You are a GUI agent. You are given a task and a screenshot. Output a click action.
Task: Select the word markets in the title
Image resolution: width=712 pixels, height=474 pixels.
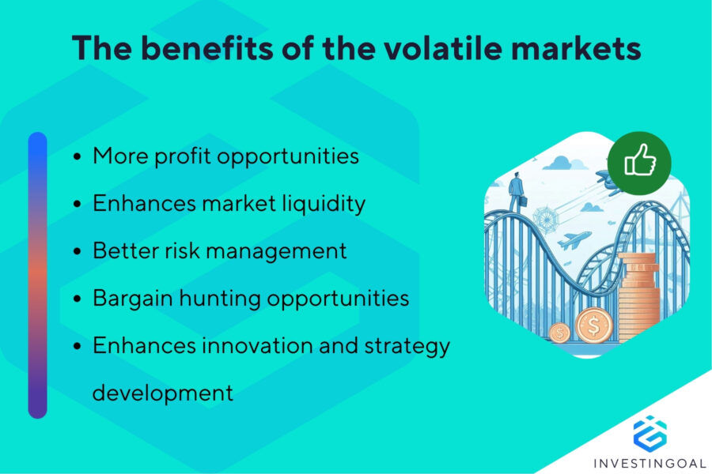pyautogui.click(x=576, y=47)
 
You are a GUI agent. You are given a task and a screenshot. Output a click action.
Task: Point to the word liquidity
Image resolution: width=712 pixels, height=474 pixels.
pyautogui.click(x=324, y=204)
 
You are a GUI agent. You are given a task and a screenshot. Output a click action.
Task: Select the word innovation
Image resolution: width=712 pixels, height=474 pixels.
pyautogui.click(x=256, y=345)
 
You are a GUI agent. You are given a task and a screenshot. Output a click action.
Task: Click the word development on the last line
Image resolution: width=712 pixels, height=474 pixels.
pyautogui.click(x=163, y=393)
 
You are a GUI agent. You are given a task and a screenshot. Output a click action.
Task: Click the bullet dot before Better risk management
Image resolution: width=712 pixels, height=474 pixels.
pyautogui.click(x=78, y=252)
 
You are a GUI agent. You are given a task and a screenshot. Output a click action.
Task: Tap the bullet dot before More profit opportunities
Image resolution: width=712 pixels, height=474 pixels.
pyautogui.click(x=78, y=157)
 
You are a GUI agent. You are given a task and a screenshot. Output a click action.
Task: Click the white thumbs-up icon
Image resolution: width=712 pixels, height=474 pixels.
pyautogui.click(x=640, y=160)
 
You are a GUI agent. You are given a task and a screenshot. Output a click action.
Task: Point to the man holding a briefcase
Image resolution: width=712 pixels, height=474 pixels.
pyautogui.click(x=517, y=191)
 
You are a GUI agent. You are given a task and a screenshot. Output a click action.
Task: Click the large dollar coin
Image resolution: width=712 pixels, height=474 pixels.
pyautogui.click(x=594, y=325)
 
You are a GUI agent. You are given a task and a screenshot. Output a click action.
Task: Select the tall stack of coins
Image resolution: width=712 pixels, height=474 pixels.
pyautogui.click(x=638, y=297)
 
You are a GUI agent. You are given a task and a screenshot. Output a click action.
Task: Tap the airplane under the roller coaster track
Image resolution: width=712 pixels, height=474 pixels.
pyautogui.click(x=574, y=239)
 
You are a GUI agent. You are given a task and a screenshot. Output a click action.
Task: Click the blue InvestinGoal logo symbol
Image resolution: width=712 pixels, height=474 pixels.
pyautogui.click(x=650, y=433)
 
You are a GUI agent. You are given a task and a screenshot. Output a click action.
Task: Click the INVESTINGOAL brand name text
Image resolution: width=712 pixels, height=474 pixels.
pyautogui.click(x=650, y=464)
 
